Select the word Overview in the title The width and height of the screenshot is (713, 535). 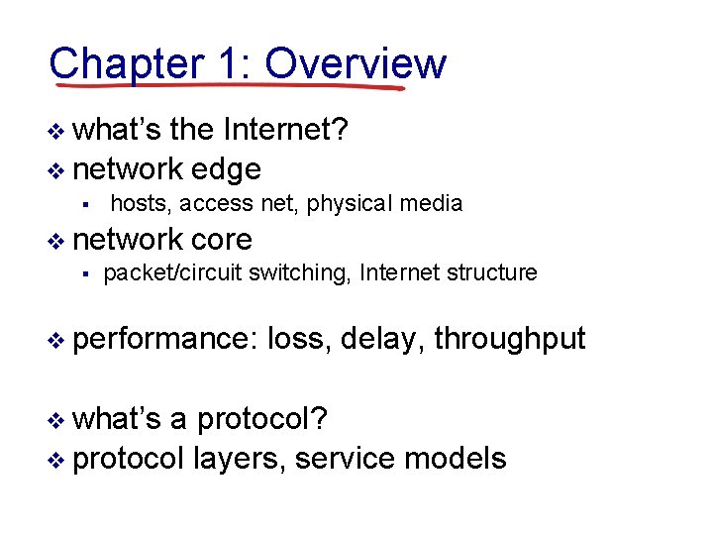pos(356,63)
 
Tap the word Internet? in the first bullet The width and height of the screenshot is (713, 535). pos(286,131)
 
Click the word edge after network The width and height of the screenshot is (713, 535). pos(226,169)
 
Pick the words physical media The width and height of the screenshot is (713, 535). pos(384,204)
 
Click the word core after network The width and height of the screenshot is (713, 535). pos(222,239)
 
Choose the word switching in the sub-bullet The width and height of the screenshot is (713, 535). pos(300,272)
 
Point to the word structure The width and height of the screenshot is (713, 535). pos(489,272)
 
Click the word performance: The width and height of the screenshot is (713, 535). pos(165,339)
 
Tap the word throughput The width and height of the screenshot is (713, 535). pos(509,339)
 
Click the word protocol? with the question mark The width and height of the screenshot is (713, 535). pos(263,419)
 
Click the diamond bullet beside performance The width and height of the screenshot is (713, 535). pos(56,340)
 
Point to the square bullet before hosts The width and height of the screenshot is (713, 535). pos(87,205)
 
